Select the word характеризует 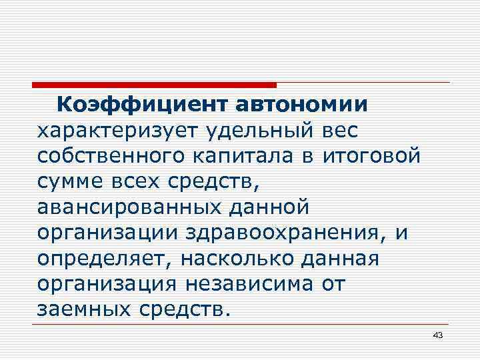(x=110, y=131)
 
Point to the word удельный (x=245, y=131)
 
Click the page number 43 (x=437, y=335)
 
